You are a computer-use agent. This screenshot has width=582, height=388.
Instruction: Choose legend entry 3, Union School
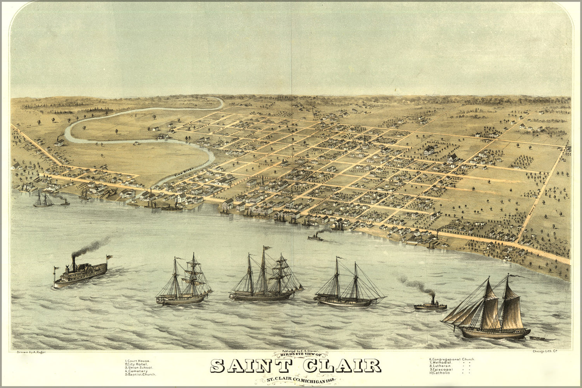[x=139, y=368]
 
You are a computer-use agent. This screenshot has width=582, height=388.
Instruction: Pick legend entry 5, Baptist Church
[x=140, y=375]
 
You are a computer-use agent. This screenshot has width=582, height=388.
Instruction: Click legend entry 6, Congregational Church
[x=452, y=359]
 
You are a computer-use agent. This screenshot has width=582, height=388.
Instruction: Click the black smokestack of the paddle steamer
[x=73, y=263]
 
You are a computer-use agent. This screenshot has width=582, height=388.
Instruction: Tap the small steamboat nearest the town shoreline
[x=316, y=237]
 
